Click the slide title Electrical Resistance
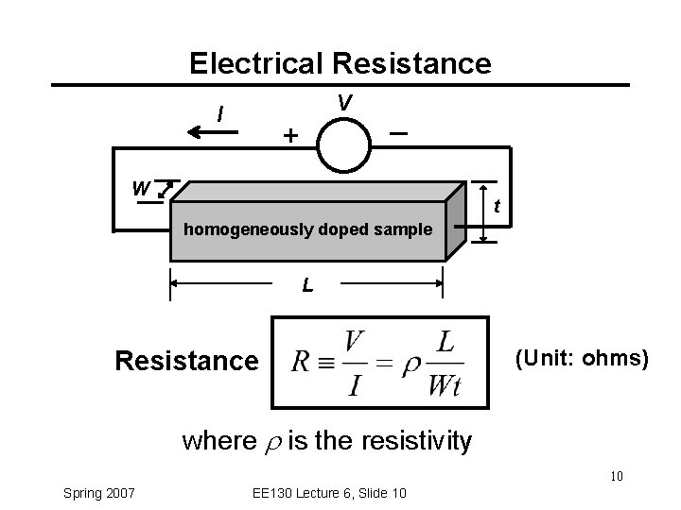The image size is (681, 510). click(x=340, y=63)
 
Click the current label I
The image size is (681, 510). click(x=220, y=115)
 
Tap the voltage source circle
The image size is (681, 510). click(x=345, y=144)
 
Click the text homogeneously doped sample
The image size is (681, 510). click(x=307, y=229)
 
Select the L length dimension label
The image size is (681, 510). click(x=307, y=284)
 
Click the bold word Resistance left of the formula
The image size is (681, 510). click(x=185, y=361)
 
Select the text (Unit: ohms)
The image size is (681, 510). click(x=581, y=358)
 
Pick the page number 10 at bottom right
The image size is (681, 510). click(x=615, y=475)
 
